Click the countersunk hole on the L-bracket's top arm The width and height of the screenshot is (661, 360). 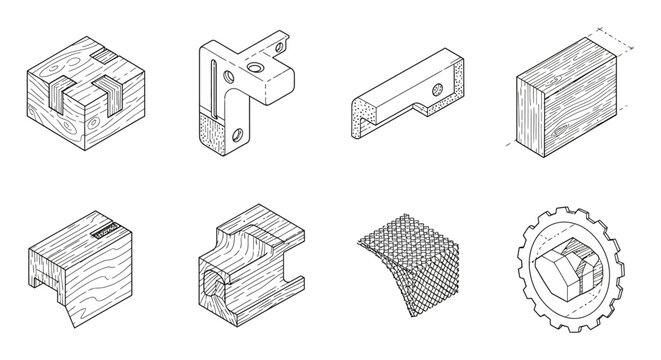coord(252,66)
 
